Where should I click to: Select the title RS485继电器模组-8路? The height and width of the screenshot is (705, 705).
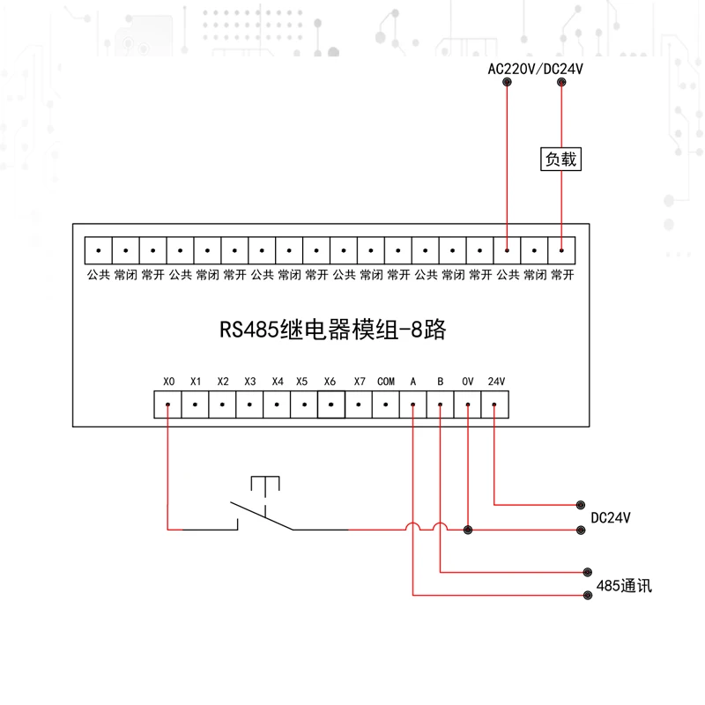[333, 330]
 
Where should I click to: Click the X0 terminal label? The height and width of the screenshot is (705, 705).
[169, 382]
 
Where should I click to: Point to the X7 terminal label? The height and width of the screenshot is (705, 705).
[359, 382]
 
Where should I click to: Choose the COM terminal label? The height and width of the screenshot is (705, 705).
[386, 382]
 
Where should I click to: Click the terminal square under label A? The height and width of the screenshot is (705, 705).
[413, 404]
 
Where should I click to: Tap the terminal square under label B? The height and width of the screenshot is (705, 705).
[441, 404]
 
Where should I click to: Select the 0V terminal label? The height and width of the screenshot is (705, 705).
[468, 382]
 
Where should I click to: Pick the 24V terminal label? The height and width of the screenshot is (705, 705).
[496, 382]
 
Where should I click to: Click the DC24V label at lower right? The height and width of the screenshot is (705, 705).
[612, 517]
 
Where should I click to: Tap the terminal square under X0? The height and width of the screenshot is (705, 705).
[168, 404]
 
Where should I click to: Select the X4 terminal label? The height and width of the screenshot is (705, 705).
[278, 382]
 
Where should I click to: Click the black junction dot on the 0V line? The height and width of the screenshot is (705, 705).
[468, 530]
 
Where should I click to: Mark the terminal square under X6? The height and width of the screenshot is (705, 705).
[330, 404]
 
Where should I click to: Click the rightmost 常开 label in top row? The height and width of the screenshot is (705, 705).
[562, 275]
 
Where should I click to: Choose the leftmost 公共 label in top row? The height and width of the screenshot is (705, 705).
[99, 275]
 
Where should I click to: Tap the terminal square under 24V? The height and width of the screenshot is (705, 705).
[495, 404]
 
